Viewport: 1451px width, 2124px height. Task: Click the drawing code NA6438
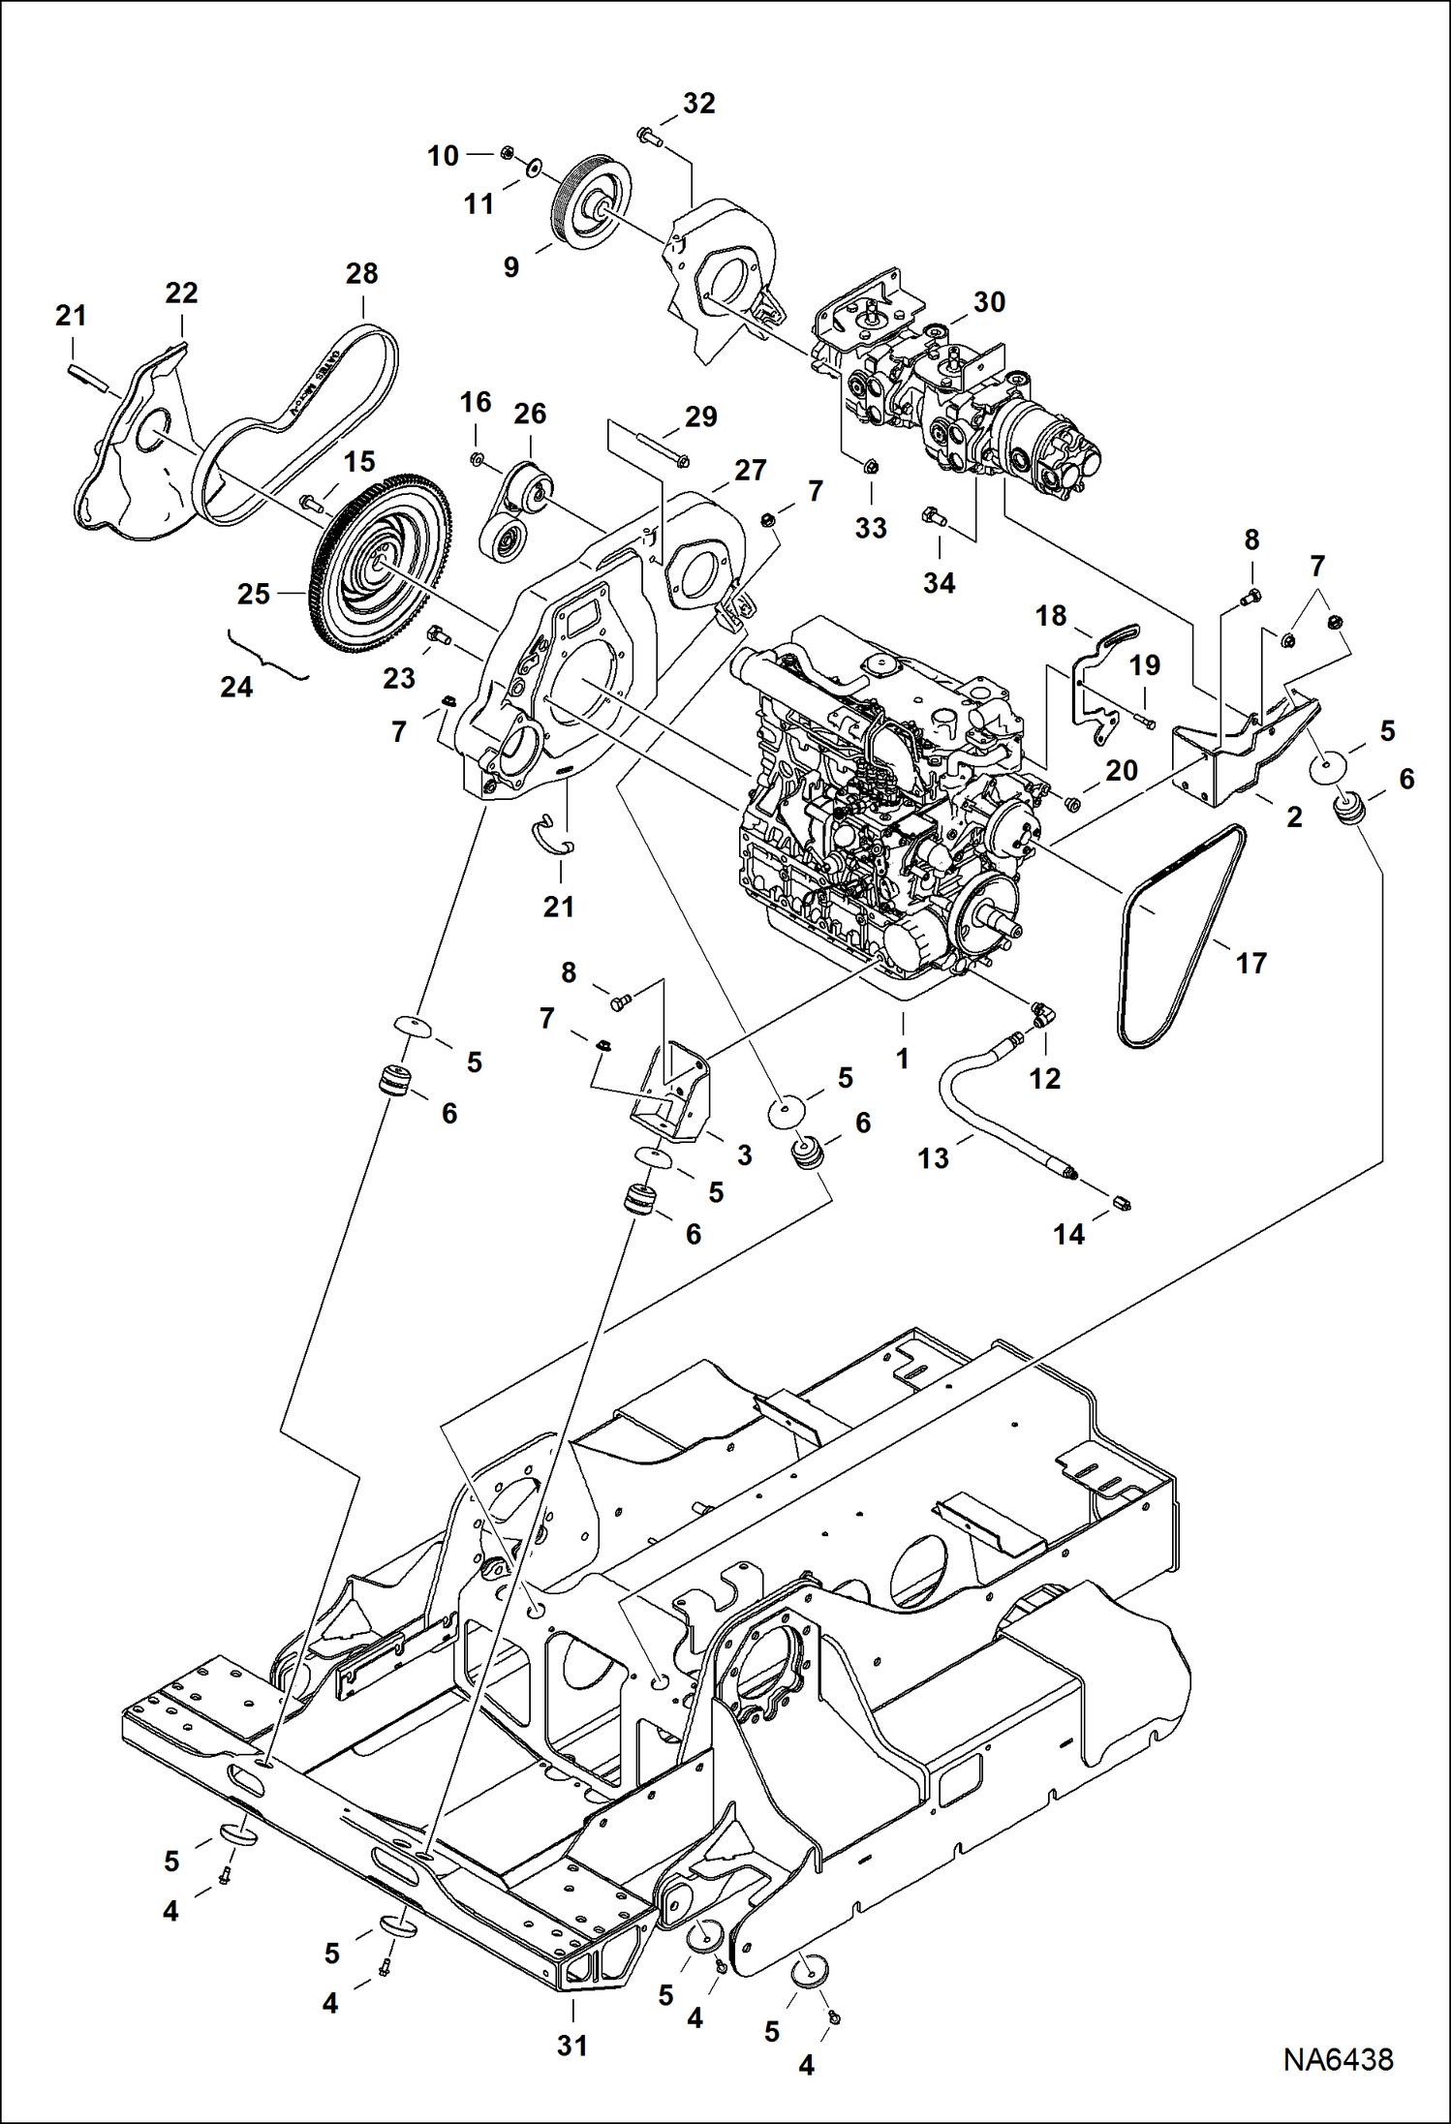click(x=1338, y=2058)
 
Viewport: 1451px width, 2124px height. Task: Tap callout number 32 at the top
click(x=698, y=104)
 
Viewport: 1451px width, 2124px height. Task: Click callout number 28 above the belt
click(x=361, y=273)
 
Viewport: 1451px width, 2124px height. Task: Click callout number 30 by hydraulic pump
click(x=989, y=302)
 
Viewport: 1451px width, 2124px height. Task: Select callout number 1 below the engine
click(x=902, y=1059)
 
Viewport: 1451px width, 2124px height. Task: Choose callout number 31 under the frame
click(x=571, y=2045)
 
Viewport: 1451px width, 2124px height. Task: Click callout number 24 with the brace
click(x=236, y=687)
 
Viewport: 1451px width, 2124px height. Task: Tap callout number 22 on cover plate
click(x=181, y=292)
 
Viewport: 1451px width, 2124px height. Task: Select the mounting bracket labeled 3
click(x=673, y=1094)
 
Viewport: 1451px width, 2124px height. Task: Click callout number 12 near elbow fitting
click(x=1044, y=1078)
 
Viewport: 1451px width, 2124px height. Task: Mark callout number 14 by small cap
click(x=1068, y=1234)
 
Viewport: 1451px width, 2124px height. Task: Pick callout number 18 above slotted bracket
click(x=1050, y=615)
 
